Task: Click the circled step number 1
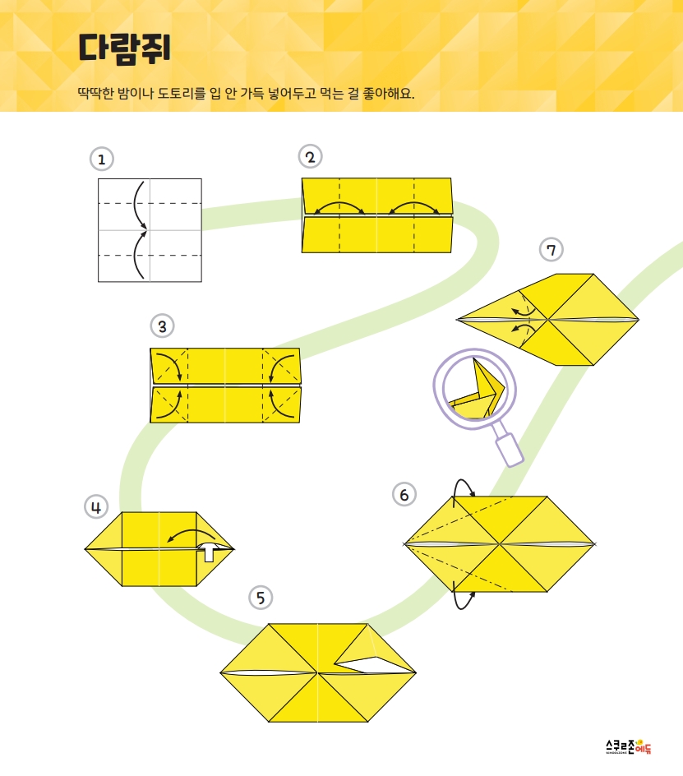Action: [x=101, y=158]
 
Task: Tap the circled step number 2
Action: [x=309, y=156]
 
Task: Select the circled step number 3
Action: [x=162, y=326]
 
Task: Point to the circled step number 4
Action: [x=96, y=507]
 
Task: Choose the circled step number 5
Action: [x=261, y=598]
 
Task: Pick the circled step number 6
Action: [x=404, y=494]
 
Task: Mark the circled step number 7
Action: [x=551, y=248]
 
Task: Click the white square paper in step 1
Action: [x=150, y=229]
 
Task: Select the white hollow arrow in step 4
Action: [x=210, y=550]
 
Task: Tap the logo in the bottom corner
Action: [x=628, y=746]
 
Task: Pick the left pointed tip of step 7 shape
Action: [x=459, y=318]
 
